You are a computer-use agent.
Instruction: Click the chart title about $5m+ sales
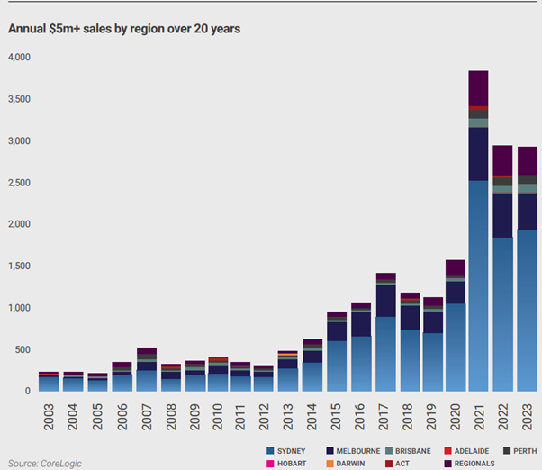tap(124, 28)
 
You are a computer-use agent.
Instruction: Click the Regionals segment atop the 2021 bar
tap(478, 88)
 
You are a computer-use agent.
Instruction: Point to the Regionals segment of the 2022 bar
tap(502, 160)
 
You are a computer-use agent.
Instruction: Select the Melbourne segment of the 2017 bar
tap(386, 300)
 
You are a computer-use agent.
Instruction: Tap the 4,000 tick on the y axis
tap(18, 58)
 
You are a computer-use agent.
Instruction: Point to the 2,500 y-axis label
tap(18, 183)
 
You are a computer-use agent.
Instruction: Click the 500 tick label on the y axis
tap(22, 350)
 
